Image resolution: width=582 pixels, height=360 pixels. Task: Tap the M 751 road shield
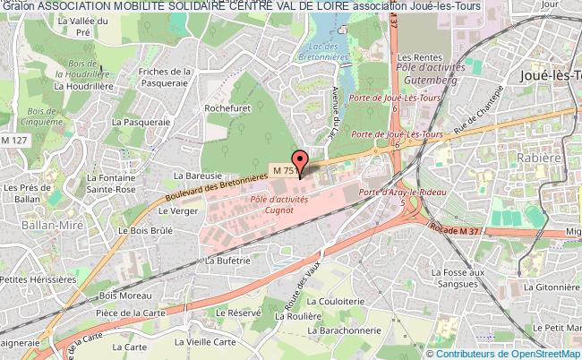click(284, 169)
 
